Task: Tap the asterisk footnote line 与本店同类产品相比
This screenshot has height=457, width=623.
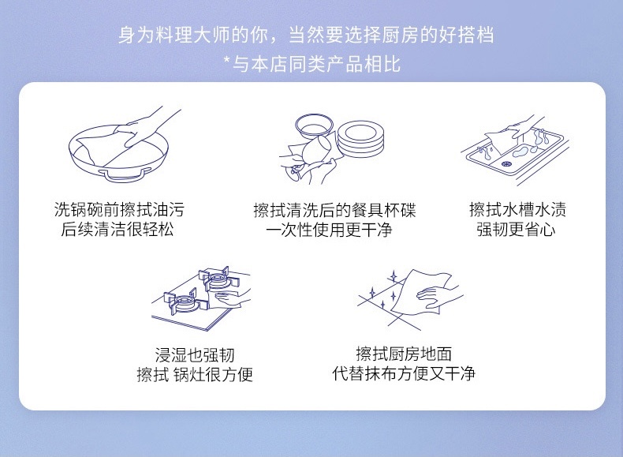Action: coord(316,64)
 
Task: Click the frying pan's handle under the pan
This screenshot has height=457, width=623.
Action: coord(125,174)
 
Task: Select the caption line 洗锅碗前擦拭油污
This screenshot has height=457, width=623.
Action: coord(119,210)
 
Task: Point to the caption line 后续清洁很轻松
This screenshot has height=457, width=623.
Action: coord(118,230)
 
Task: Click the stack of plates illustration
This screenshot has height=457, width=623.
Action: coord(360,139)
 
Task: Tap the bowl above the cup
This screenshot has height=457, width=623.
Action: coord(314,126)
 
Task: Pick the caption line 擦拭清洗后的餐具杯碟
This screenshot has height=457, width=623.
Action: coord(334,210)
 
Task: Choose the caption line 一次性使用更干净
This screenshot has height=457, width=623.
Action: coord(329,230)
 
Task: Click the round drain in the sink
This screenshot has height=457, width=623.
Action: coord(506,164)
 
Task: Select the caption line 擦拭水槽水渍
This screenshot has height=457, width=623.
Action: coord(517,210)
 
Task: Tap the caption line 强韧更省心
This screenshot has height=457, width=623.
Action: coord(516,230)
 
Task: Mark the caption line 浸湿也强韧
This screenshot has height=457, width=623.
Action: coord(195,354)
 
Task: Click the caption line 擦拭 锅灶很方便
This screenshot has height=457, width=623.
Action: coord(195,374)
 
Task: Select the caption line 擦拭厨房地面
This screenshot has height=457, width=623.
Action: coord(404,354)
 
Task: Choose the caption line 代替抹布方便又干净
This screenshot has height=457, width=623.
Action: coord(404,373)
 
